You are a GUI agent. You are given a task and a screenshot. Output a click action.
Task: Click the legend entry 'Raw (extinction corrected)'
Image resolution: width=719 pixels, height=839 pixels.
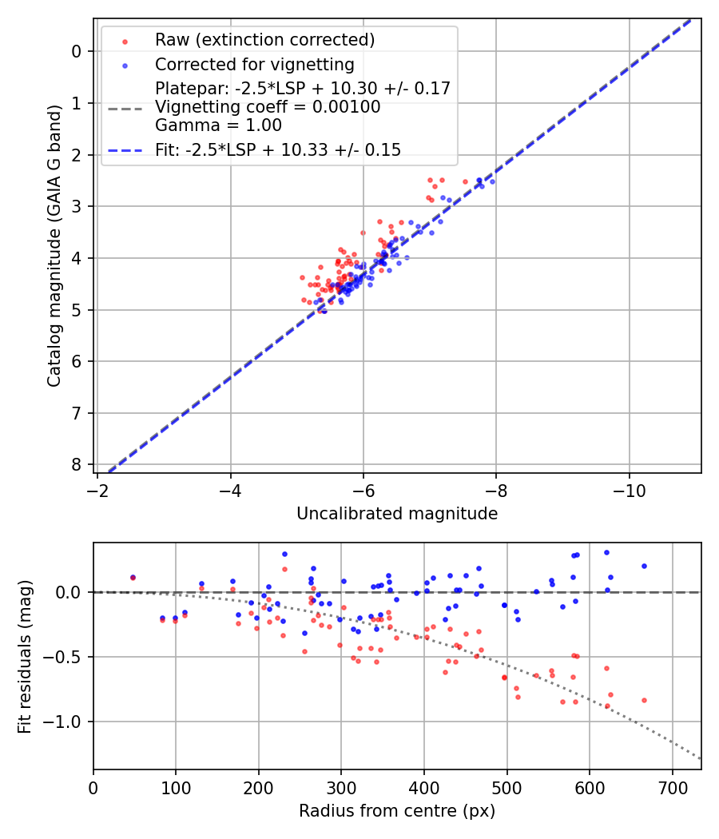point(264,39)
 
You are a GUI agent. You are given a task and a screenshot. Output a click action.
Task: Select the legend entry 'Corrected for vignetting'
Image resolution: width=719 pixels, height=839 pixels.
point(254,64)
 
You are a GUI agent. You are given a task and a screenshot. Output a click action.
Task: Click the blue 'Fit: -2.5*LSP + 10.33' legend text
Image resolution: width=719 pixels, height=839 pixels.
point(278,149)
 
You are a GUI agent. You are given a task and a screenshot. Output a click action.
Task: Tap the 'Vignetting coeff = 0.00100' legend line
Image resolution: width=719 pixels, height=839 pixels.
point(268,106)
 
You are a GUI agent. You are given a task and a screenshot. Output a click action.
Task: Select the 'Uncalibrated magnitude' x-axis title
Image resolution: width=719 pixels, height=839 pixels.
point(397,514)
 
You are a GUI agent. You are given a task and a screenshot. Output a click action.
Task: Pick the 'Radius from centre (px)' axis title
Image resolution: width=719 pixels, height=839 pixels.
point(397,811)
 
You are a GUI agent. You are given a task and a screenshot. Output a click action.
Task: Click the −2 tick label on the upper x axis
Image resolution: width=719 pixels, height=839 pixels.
point(97,487)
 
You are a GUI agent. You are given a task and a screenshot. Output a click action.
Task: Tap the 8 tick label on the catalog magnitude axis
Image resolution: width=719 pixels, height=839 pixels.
point(77,464)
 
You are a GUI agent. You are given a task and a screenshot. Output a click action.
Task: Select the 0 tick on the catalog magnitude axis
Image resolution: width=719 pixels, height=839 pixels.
point(77,51)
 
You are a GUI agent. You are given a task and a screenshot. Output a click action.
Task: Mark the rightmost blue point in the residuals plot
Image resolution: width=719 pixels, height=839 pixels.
point(644,566)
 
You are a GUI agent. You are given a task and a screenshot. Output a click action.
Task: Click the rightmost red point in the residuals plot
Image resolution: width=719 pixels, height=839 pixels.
point(644,700)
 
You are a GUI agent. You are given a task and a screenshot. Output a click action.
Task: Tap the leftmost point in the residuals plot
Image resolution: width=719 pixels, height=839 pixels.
point(133,577)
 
